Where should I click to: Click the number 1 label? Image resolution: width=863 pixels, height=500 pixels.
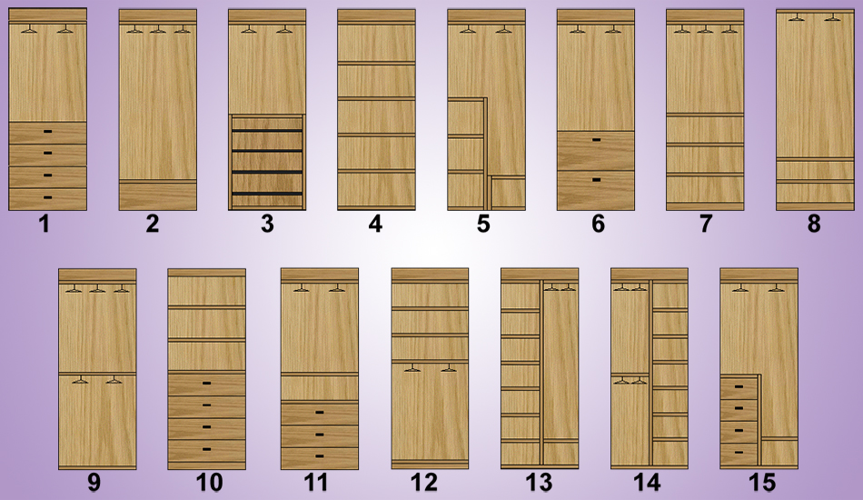pyautogui.click(x=45, y=225)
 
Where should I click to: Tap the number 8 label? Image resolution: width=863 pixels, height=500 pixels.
pyautogui.click(x=814, y=225)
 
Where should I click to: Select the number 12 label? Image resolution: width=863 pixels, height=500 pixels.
pyautogui.click(x=424, y=483)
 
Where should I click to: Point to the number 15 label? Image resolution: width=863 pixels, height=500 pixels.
pyautogui.click(x=762, y=483)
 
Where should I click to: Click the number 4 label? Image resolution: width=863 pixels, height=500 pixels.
pyautogui.click(x=375, y=225)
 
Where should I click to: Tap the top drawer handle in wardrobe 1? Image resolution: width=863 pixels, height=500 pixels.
pyautogui.click(x=48, y=131)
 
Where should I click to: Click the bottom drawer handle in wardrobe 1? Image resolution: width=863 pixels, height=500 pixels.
pyautogui.click(x=48, y=197)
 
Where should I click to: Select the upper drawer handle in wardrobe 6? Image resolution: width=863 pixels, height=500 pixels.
pyautogui.click(x=596, y=140)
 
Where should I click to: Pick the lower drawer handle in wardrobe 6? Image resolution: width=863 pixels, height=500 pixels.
pyautogui.click(x=596, y=179)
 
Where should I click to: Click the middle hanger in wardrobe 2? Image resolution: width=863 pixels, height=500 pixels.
pyautogui.click(x=158, y=29)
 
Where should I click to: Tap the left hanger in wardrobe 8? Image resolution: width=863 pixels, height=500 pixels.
pyautogui.click(x=797, y=17)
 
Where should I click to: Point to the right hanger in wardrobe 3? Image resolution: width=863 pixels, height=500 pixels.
pyautogui.click(x=284, y=29)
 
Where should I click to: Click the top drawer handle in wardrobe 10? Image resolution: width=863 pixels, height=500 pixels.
pyautogui.click(x=207, y=383)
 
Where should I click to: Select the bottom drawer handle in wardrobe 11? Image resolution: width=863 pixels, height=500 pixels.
pyautogui.click(x=319, y=456)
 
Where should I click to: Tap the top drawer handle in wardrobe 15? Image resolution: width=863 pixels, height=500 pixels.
pyautogui.click(x=739, y=387)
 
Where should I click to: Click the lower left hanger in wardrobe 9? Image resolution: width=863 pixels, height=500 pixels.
pyautogui.click(x=80, y=379)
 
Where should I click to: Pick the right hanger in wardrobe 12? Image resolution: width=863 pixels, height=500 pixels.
pyautogui.click(x=449, y=368)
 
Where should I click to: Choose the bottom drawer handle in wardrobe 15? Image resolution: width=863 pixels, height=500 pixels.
pyautogui.click(x=739, y=452)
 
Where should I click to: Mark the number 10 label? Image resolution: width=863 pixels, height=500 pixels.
pyautogui.click(x=210, y=483)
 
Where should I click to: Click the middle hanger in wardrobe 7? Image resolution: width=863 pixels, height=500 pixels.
pyautogui.click(x=705, y=29)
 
